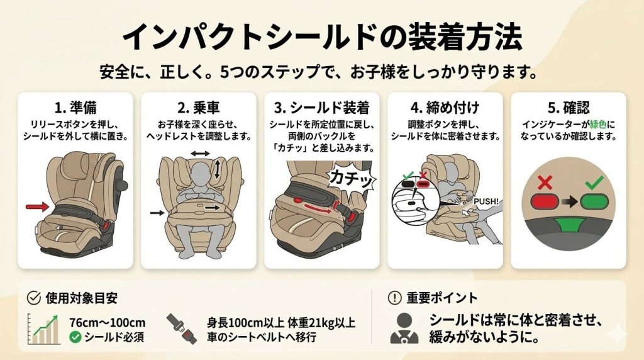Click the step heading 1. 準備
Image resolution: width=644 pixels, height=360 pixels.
click(75, 108)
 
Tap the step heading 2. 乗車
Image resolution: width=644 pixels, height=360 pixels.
click(199, 108)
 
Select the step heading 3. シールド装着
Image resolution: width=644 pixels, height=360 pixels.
click(321, 108)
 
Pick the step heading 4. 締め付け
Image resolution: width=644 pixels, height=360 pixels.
click(445, 108)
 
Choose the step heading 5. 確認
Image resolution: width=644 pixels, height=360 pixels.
click(569, 108)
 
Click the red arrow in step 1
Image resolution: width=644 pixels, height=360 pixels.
click(37, 206)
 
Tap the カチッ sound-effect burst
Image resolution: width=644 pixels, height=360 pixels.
click(352, 178)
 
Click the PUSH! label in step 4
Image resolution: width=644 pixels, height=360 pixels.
click(486, 202)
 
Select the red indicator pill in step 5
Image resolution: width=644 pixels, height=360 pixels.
click(545, 202)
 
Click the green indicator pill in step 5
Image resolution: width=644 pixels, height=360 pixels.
click(594, 202)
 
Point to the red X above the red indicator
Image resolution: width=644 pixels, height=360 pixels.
click(545, 183)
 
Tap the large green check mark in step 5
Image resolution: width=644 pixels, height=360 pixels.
click(594, 182)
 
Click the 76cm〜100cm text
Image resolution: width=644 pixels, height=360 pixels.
click(107, 323)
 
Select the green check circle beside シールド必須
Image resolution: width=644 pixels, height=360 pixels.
click(75, 337)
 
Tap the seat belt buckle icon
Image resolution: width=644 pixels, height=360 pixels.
click(181, 329)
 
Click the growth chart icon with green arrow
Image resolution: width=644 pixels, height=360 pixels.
click(43, 329)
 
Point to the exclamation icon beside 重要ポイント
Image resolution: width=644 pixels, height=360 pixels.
click(394, 298)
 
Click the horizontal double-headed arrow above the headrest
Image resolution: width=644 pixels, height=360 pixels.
click(200, 154)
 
